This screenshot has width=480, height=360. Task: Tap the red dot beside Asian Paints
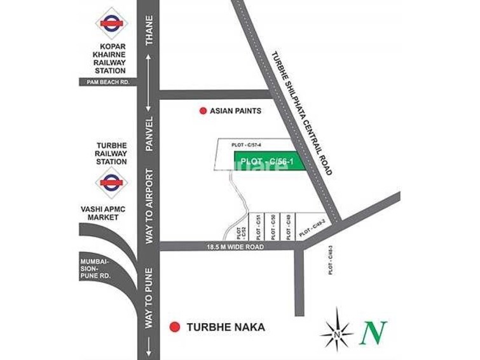tap(203, 111)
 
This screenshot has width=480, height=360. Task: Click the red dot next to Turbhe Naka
tap(174, 328)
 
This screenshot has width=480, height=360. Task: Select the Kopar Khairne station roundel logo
tap(112, 23)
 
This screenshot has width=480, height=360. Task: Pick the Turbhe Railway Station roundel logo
tap(112, 183)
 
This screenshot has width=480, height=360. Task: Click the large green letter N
tap(374, 331)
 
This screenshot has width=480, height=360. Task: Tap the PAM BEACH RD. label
tap(104, 82)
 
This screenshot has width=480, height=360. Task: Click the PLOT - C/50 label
tap(272, 226)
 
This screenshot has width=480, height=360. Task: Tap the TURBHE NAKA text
tap(226, 328)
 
